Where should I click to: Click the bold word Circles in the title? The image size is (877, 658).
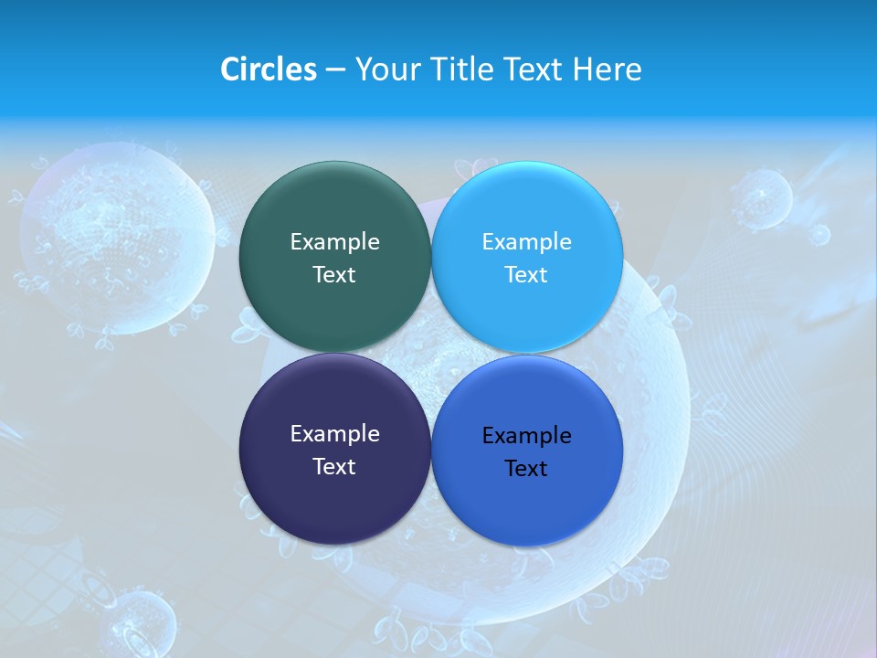click(268, 69)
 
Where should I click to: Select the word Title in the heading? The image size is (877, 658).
click(463, 69)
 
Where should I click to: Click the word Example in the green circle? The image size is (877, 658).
click(334, 242)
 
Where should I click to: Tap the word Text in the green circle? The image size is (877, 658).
click(334, 275)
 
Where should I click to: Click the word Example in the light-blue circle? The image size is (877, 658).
click(526, 242)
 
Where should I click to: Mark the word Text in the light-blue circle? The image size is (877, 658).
click(526, 275)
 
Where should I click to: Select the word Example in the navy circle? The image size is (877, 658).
click(334, 434)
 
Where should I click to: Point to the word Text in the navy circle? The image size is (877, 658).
click(334, 467)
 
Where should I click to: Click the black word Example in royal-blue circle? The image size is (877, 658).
click(526, 436)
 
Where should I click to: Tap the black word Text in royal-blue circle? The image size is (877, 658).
click(526, 469)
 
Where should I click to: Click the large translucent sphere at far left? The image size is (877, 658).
click(117, 233)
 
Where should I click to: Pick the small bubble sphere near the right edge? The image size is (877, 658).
click(761, 197)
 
